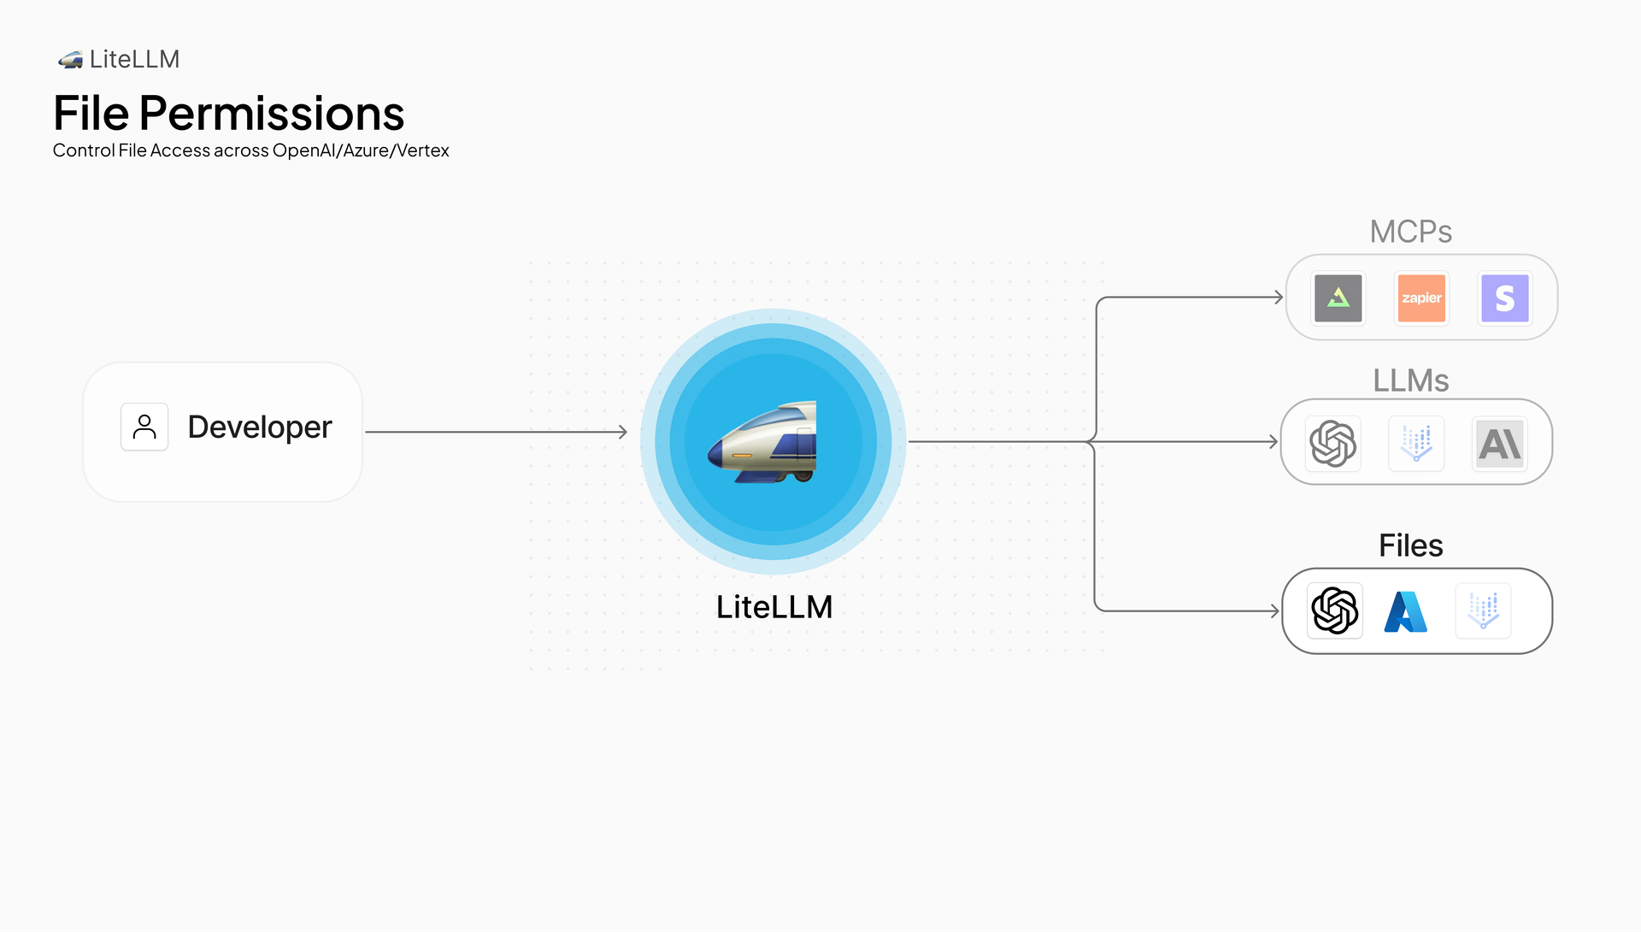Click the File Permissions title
point(228,114)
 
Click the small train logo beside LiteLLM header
point(70,60)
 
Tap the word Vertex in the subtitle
point(423,150)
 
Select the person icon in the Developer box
point(144,427)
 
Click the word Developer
point(259,427)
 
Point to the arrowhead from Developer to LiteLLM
point(623,433)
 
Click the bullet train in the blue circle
point(763,443)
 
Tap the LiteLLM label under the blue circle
point(773,607)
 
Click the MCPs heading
point(1410,232)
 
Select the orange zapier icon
point(1421,298)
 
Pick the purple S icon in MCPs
point(1504,298)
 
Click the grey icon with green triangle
point(1338,298)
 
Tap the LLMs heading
point(1410,380)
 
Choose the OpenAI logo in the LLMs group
point(1332,443)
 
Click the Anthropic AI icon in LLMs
point(1500,443)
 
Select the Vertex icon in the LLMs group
point(1416,443)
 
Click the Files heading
point(1410,546)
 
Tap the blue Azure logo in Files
point(1406,611)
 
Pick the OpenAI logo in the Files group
point(1334,611)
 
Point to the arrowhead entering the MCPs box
point(1279,298)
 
